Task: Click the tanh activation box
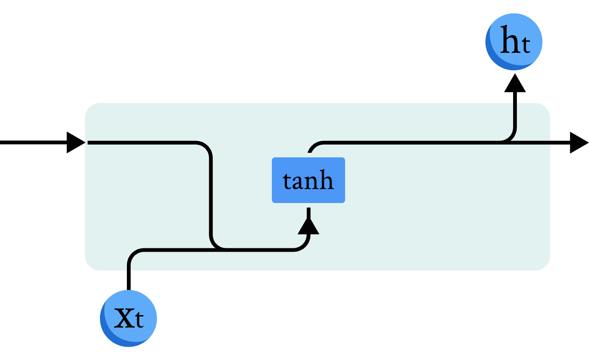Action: click(308, 180)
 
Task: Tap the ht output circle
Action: click(513, 42)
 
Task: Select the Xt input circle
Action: click(128, 318)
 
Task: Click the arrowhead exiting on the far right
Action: click(578, 142)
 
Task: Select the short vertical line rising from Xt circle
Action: click(129, 277)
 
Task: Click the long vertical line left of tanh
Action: click(211, 196)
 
